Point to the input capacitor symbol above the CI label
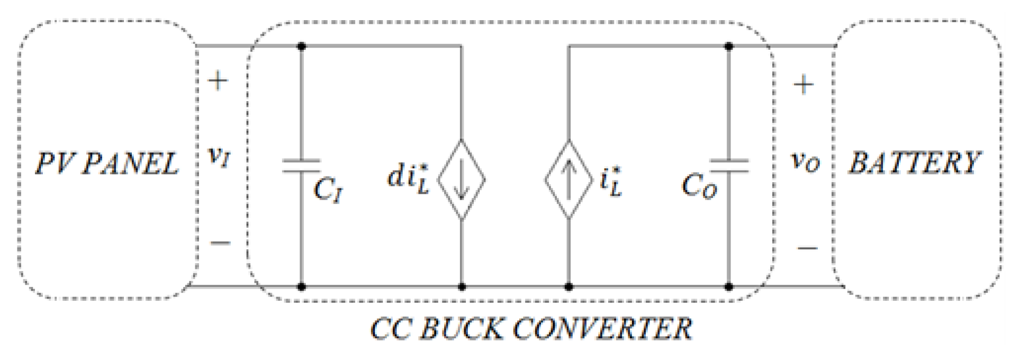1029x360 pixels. pos(301,166)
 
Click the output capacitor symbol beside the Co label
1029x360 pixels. pos(729,166)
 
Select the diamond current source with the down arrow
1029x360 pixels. pos(462,179)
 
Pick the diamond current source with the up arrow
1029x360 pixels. pos(568,179)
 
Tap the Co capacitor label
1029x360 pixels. pos(699,186)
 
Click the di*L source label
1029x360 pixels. pos(408,178)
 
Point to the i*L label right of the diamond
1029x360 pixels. pos(611,182)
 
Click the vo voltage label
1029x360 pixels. pos(805,161)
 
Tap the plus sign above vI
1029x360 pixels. pos(218,81)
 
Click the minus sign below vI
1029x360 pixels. pos(220,243)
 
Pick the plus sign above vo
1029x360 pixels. pos(804,85)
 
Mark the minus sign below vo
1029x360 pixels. pos(807,248)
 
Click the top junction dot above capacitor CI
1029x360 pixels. pos(302,47)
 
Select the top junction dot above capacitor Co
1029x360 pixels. pos(729,47)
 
